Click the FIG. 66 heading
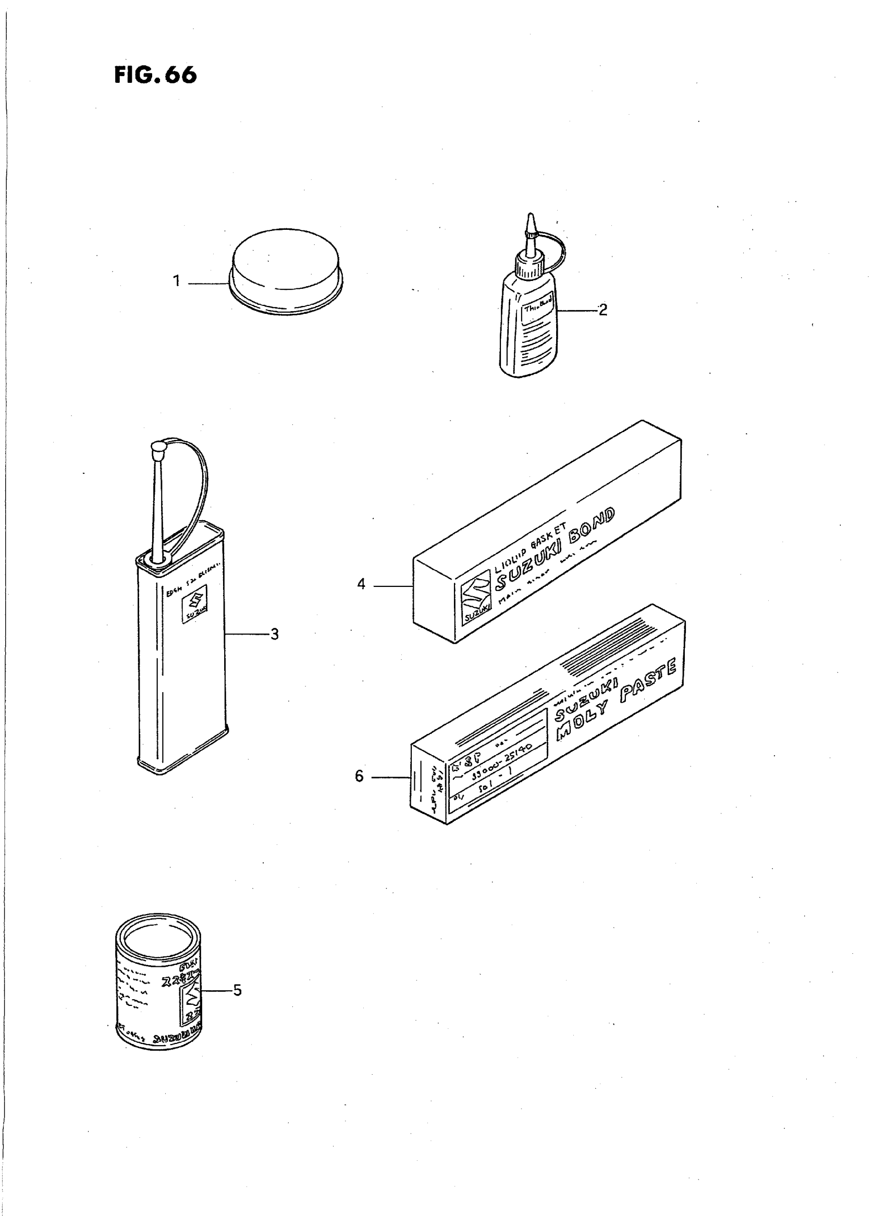(x=155, y=76)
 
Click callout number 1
(x=177, y=280)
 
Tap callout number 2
(x=603, y=310)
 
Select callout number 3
(x=274, y=634)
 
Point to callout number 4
(x=361, y=584)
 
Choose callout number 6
(x=359, y=776)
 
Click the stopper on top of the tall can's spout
(x=158, y=449)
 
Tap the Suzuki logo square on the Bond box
(x=475, y=603)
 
